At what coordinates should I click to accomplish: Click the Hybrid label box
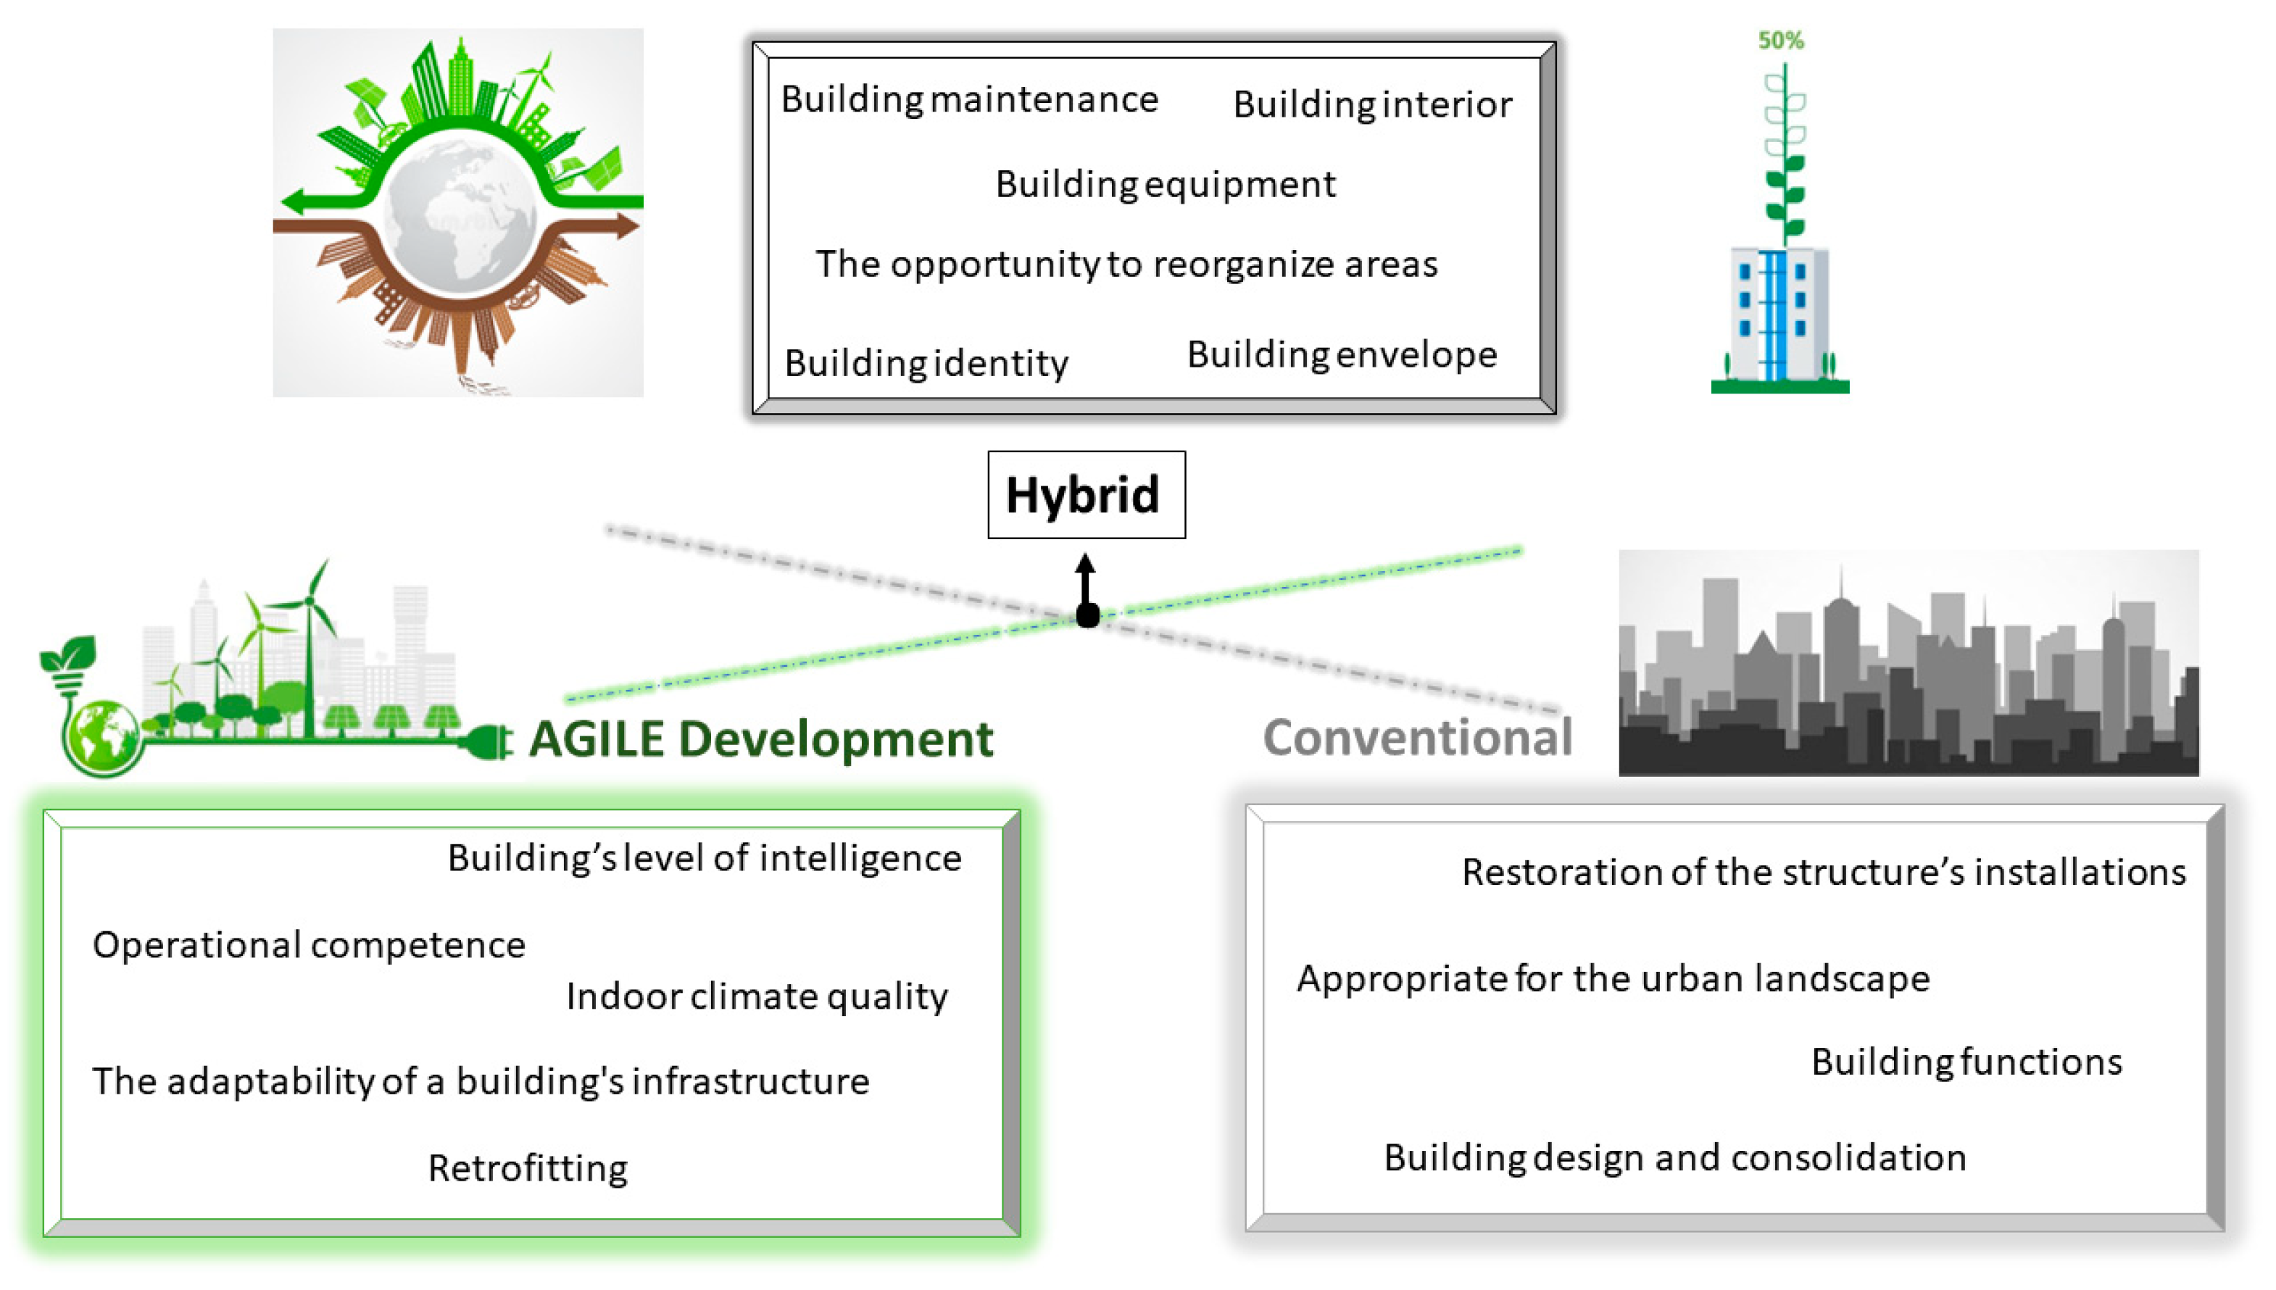1086,494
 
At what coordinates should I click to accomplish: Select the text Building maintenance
969,99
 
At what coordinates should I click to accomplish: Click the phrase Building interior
1372,104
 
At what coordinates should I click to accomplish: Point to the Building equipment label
1165,184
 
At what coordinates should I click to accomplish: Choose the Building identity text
926,363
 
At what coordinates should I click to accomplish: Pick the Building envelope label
1342,354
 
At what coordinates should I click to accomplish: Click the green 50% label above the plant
1781,40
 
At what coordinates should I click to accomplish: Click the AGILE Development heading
761,739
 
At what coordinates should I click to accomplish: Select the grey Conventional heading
1418,737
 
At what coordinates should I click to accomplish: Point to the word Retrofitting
528,1169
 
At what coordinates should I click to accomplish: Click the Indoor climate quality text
757,996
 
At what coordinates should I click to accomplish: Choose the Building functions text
1966,1062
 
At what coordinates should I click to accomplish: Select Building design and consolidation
1674,1158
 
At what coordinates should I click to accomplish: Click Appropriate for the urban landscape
1613,979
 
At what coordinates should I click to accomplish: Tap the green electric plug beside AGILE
486,741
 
